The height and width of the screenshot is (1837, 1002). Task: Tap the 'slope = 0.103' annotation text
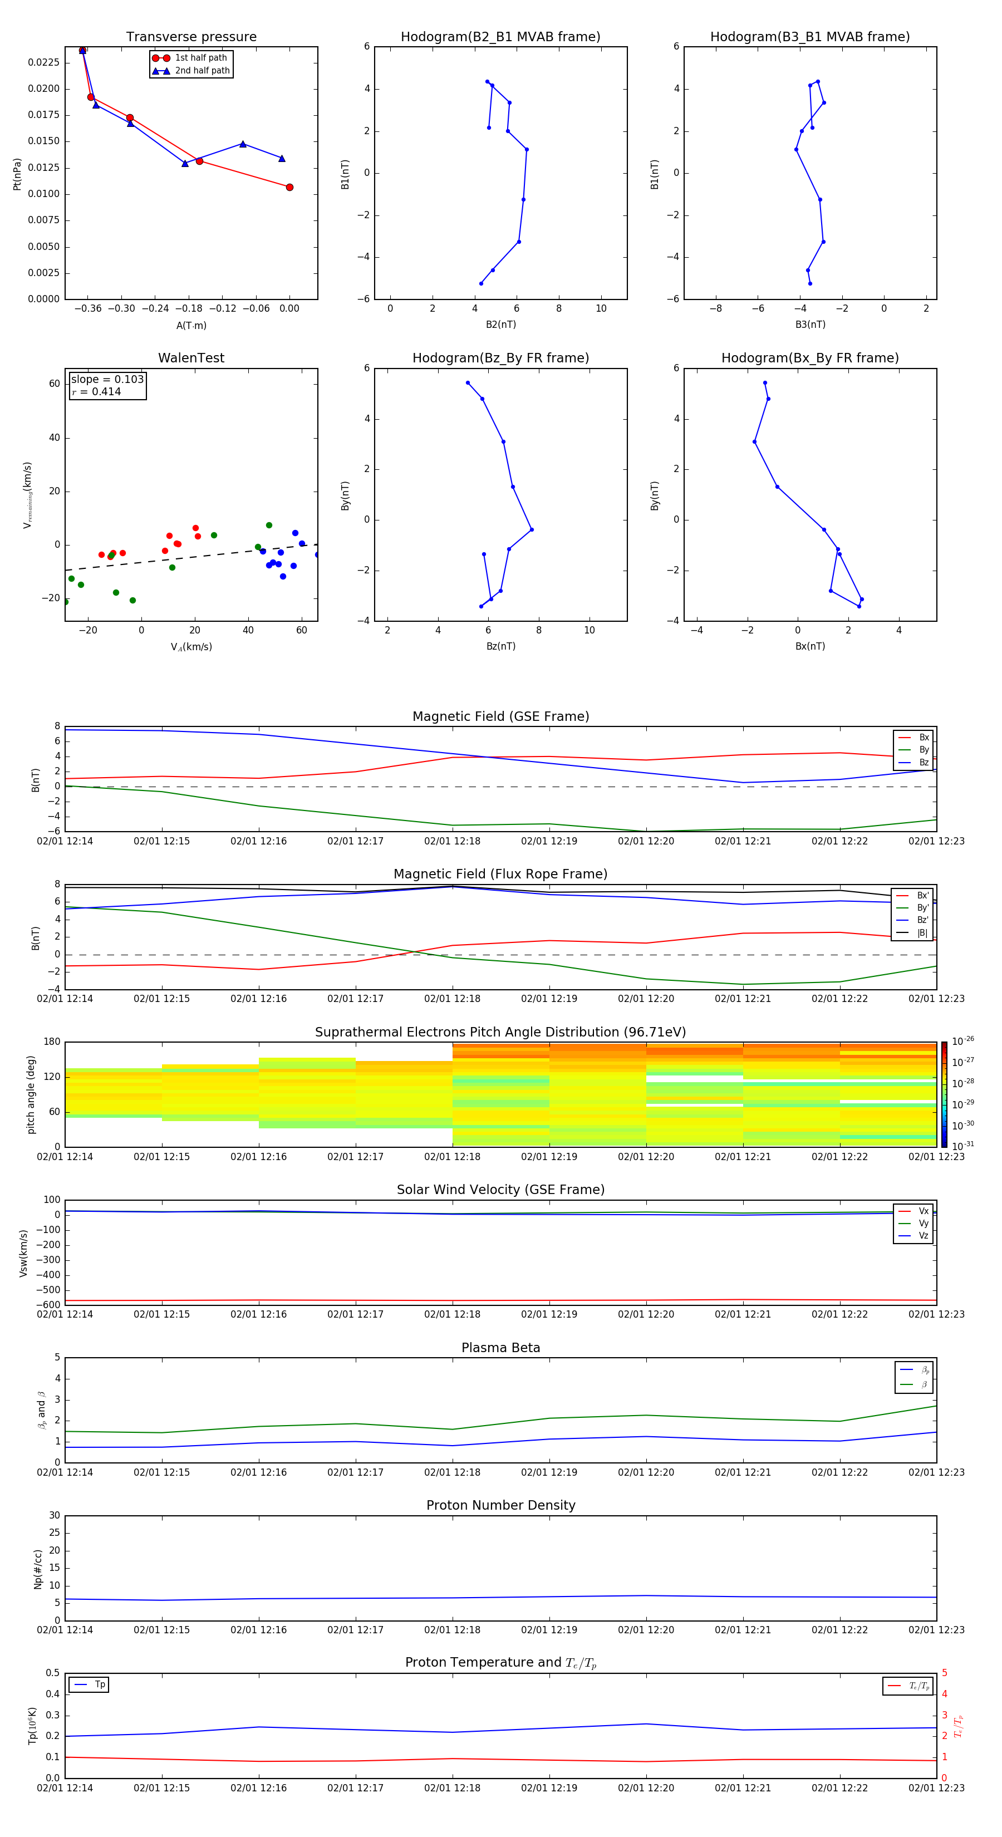107,380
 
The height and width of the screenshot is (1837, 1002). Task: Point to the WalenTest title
191,358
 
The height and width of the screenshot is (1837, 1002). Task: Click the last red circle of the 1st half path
289,188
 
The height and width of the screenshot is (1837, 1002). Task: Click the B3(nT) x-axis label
810,325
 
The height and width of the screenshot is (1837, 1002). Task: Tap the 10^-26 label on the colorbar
962,1041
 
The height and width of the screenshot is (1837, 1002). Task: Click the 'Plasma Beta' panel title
500,1348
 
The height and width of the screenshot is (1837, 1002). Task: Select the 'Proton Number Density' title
500,1505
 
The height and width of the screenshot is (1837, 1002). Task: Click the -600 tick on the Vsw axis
50,1305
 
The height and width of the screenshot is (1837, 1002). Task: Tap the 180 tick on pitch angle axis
52,1042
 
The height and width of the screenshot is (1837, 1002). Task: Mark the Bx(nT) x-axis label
810,646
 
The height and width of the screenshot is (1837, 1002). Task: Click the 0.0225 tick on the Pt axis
43,63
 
